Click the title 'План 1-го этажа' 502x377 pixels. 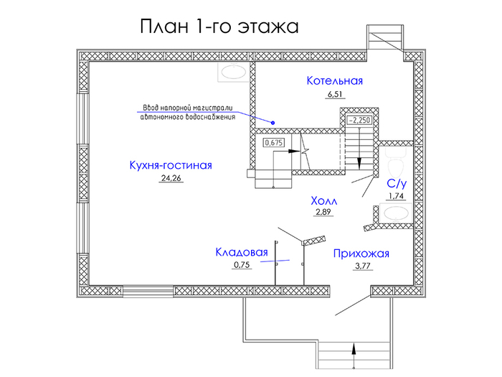(x=219, y=27)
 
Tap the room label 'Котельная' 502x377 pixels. (x=335, y=80)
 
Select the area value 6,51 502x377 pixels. (x=335, y=94)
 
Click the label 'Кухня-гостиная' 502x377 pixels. (x=171, y=165)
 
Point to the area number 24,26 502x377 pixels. (x=171, y=178)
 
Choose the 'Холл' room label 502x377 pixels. (x=324, y=201)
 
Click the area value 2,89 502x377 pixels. (x=323, y=212)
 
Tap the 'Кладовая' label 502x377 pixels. (x=242, y=252)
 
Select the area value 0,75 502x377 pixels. (x=242, y=265)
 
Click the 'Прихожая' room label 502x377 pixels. (x=361, y=253)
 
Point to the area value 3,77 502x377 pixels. (x=363, y=266)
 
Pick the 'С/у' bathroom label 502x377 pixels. (x=397, y=184)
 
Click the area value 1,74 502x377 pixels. (x=396, y=196)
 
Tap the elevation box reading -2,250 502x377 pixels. (x=359, y=120)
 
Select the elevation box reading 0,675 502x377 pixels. (x=274, y=142)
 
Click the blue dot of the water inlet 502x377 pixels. (x=273, y=123)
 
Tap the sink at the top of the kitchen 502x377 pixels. (x=234, y=72)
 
